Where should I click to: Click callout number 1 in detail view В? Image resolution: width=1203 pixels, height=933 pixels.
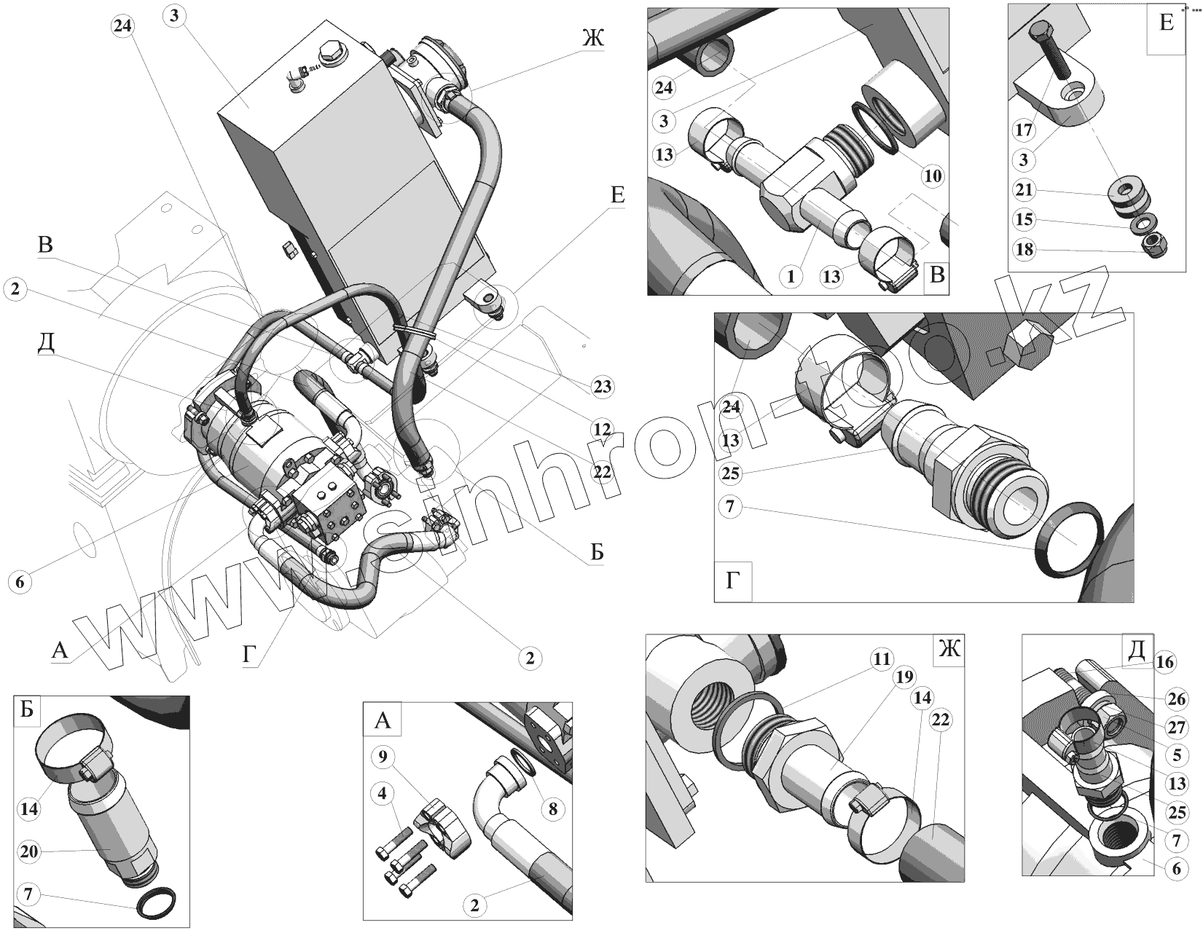tap(791, 275)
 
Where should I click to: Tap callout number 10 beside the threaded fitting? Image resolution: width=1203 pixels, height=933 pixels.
tap(932, 176)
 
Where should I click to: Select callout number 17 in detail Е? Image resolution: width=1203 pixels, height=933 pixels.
tap(1024, 130)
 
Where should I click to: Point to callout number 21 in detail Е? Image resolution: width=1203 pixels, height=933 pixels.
tap(1024, 190)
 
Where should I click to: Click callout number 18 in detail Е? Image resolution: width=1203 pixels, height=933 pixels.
tap(1024, 250)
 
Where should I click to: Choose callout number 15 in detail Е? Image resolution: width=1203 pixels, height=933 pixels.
tap(1024, 219)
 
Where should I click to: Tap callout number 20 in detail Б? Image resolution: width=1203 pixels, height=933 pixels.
tap(30, 852)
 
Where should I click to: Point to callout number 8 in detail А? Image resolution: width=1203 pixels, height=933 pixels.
tap(553, 808)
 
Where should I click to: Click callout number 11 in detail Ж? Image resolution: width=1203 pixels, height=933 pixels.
tap(882, 660)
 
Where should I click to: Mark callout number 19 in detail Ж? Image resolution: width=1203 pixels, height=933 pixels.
tap(904, 677)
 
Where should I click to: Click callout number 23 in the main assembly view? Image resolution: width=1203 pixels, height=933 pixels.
tap(602, 386)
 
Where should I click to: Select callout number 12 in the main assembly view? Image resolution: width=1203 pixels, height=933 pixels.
tap(602, 430)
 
